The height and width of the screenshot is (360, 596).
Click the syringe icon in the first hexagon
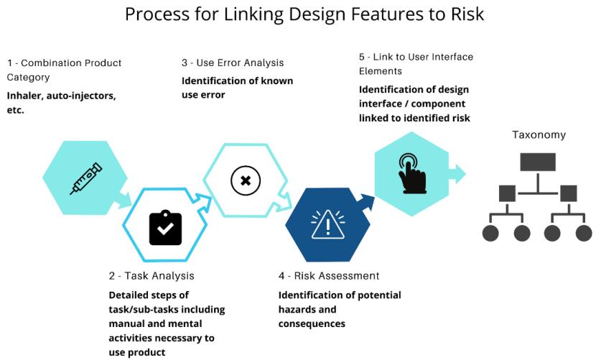(85, 178)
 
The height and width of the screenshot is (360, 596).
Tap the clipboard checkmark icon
(165, 228)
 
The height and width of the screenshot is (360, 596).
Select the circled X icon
(246, 180)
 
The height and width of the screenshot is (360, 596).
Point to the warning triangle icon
(327, 225)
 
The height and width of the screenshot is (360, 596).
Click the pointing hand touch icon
(411, 173)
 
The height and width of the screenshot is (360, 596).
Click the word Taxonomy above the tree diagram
(539, 134)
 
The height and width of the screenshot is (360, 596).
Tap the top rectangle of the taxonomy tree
(538, 162)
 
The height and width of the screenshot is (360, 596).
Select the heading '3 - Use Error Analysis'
(233, 63)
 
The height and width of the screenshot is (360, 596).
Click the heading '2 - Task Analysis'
(152, 276)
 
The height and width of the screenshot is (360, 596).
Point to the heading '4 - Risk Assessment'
(329, 276)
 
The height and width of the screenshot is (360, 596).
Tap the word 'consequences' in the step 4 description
(312, 324)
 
